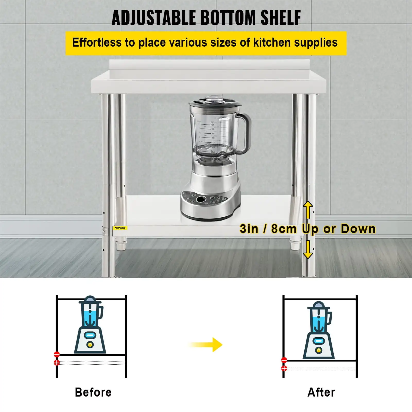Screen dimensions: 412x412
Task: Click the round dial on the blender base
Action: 200,199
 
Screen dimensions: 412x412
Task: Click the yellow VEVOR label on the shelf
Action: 120,228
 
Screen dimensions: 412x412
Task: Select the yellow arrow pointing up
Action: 308,210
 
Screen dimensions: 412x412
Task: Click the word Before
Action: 93,392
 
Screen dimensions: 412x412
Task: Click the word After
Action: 321,392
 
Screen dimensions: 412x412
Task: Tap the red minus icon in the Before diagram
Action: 57,354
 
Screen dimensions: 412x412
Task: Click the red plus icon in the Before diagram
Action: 57,363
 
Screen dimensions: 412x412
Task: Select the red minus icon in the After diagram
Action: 284,360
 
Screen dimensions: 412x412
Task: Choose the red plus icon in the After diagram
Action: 284,368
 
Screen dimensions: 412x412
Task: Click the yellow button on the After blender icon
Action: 319,350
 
